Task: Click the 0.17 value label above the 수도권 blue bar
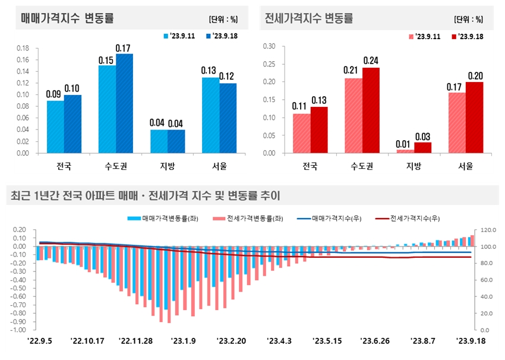coord(124,48)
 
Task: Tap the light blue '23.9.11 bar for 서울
coord(210,115)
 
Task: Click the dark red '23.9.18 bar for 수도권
coord(371,110)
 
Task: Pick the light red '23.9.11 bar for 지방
coord(405,151)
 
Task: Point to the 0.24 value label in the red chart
coord(371,61)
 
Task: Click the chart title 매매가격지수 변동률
coord(67,18)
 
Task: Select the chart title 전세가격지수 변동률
coord(309,18)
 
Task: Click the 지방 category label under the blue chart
coord(167,166)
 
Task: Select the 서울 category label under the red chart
coord(465,166)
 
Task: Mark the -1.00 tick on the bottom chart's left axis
coord(17,330)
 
